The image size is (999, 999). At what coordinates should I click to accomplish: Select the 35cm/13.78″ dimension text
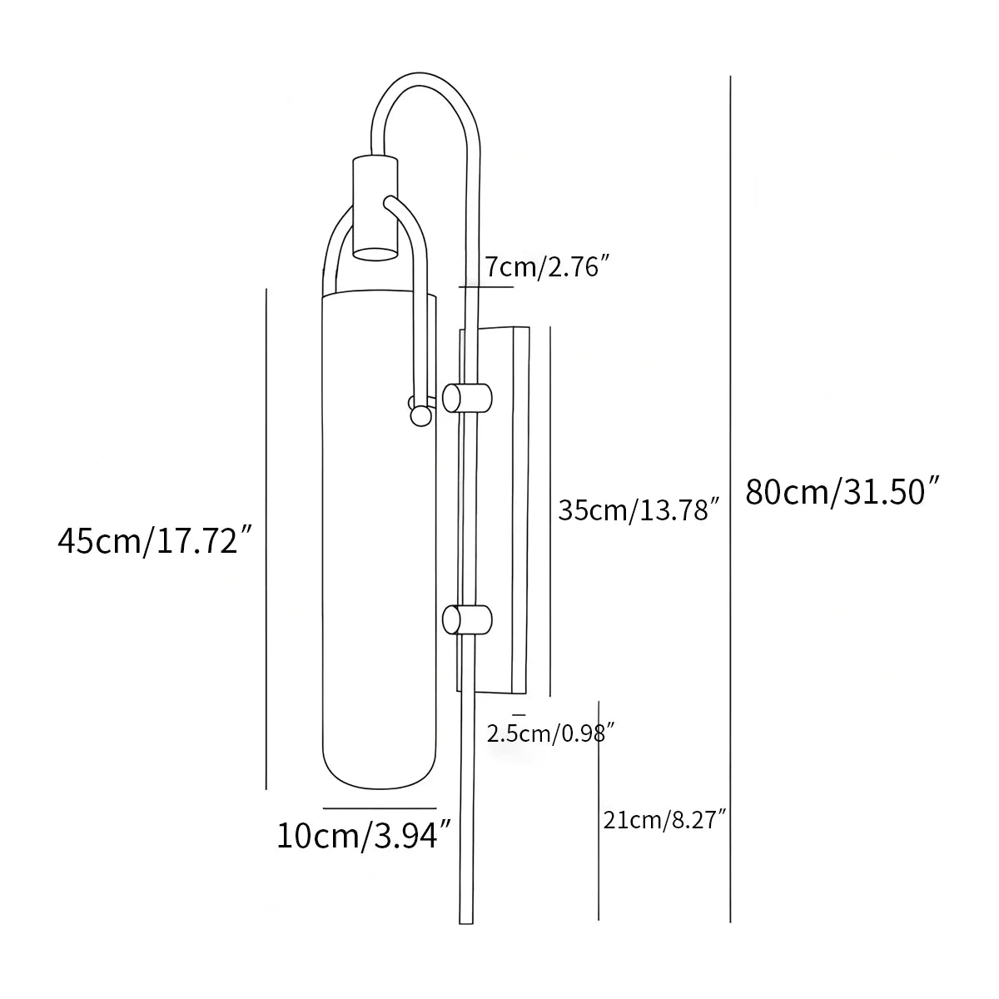[x=638, y=509]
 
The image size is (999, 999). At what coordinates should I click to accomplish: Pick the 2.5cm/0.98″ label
[x=550, y=733]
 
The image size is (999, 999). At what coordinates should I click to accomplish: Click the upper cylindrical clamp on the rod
[x=468, y=397]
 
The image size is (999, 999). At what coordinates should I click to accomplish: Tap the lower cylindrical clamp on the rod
[x=468, y=620]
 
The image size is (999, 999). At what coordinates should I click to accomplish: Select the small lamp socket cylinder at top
[x=375, y=208]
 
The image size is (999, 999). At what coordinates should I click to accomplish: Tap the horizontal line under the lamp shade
[x=380, y=808]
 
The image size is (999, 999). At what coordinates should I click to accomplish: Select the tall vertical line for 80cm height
[x=730, y=499]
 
